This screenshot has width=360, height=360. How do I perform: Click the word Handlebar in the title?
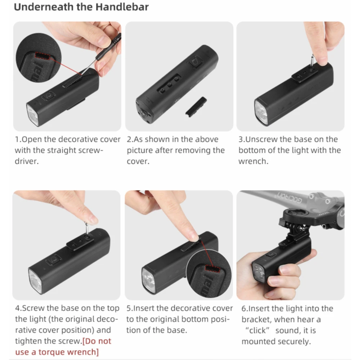pos(122,7)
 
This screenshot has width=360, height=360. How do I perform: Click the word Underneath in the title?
pos(44,7)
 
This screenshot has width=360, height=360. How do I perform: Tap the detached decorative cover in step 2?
pos(196,107)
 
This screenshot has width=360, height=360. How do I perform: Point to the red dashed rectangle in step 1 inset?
pos(42,55)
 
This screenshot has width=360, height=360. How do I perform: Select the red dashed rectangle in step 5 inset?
pos(213,268)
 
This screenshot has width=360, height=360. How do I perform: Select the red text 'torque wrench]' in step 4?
pos(68,352)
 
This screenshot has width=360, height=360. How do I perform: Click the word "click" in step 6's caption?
pos(257,330)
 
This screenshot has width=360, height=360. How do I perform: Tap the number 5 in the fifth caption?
pos(129,308)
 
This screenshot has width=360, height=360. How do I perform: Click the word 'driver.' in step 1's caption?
pos(27,161)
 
